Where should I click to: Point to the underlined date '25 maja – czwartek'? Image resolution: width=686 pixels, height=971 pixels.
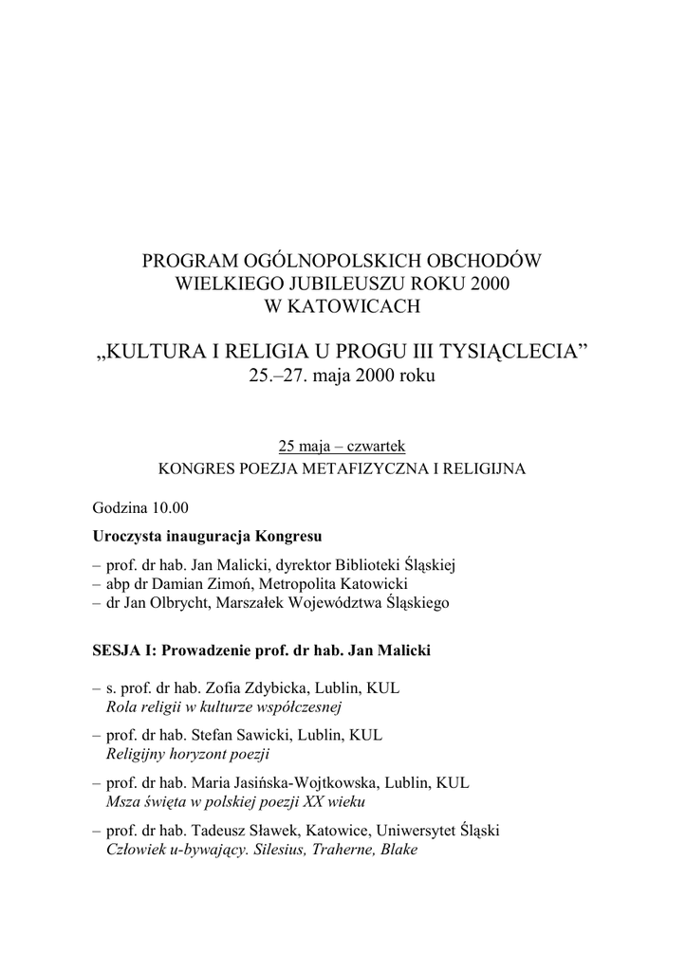pyautogui.click(x=341, y=446)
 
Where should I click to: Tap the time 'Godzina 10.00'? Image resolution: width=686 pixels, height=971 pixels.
pyautogui.click(x=140, y=507)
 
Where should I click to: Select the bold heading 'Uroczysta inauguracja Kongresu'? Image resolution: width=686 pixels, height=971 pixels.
pyautogui.click(x=208, y=536)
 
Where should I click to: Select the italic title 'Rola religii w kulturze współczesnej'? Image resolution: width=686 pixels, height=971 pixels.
pyautogui.click(x=224, y=707)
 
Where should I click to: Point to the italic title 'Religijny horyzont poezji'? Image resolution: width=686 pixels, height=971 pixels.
pyautogui.click(x=189, y=754)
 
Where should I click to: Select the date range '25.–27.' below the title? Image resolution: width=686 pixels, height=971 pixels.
pyautogui.click(x=277, y=376)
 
